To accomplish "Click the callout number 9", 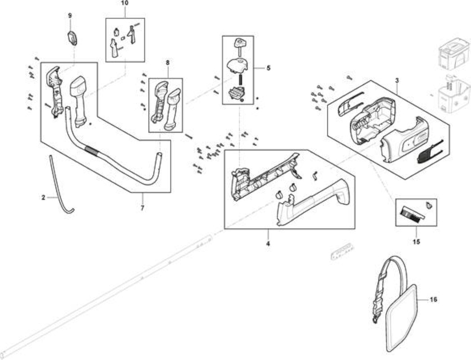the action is point(70,15).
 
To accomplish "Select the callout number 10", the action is point(124,3).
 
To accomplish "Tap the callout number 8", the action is point(168,63).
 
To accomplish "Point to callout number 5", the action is point(268,68).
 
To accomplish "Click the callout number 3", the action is point(397,81).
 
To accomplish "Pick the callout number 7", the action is point(142,207).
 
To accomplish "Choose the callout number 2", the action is point(43,198).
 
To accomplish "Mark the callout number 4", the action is point(268,243).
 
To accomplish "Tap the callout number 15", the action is point(417,242).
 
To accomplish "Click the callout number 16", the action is point(434,299).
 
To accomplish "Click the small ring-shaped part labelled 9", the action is point(72,38).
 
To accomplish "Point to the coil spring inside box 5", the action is point(240,80).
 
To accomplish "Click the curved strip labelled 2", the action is point(59,186).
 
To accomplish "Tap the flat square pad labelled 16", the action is point(401,319).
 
